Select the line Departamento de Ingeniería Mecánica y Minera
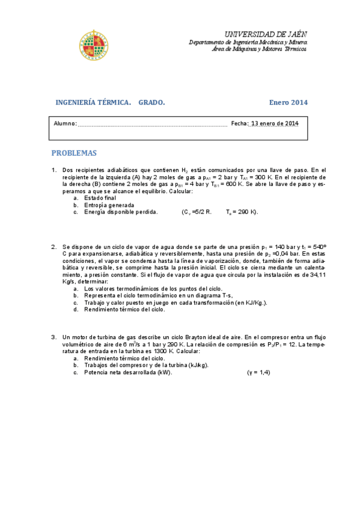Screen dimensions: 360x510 pyautogui.click(x=248, y=43)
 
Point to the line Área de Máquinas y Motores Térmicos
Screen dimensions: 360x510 pyautogui.click(x=259, y=49)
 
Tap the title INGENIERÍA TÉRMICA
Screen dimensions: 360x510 pyautogui.click(x=93, y=102)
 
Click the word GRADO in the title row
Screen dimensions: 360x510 pyautogui.click(x=151, y=102)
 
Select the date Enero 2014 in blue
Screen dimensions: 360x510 pyautogui.click(x=288, y=102)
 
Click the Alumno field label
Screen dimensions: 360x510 pyautogui.click(x=65, y=124)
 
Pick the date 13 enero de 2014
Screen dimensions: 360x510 pyautogui.click(x=274, y=124)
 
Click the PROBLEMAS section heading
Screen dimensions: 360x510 pyautogui.click(x=74, y=153)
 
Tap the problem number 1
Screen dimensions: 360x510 pyautogui.click(x=54, y=170)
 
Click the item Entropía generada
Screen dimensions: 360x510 pyautogui.click(x=109, y=205)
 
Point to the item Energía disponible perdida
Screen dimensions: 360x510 pyautogui.click(x=121, y=212)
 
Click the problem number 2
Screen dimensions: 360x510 pyautogui.click(x=54, y=247)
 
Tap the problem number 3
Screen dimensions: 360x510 pyautogui.click(x=54, y=337)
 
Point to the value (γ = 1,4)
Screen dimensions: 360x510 pyautogui.click(x=259, y=372)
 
